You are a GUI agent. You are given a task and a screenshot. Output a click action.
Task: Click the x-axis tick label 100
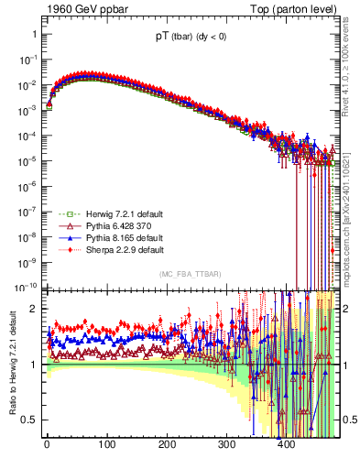[106, 446]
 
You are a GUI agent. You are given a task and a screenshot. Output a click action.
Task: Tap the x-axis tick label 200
[167, 446]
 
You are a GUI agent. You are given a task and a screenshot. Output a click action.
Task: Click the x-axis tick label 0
[47, 446]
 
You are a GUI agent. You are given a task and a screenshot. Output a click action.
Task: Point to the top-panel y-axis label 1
[33, 34]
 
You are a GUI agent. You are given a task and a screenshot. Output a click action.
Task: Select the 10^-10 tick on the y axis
[27, 285]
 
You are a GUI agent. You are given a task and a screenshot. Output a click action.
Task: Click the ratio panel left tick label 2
[32, 309]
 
